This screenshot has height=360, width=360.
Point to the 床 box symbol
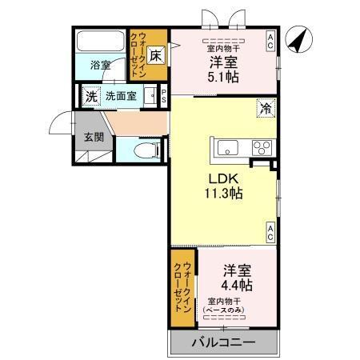pos(156,55)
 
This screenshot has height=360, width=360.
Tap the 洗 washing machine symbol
pos(91,95)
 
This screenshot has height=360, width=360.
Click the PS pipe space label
pos(164,95)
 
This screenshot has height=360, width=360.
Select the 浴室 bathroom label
pos(100,65)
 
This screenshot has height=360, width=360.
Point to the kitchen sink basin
pos(226,146)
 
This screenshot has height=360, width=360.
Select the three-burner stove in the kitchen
pos(261,146)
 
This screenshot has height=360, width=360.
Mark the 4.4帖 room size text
pos(237,285)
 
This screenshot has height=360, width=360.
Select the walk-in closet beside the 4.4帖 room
pos(182,287)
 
